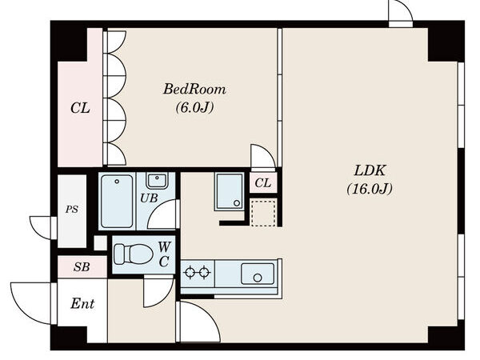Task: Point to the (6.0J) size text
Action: (194, 106)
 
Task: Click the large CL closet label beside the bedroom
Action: (79, 107)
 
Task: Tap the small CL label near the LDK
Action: (262, 184)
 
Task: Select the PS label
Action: (71, 210)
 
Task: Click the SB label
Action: (81, 266)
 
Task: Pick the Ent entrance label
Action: (83, 304)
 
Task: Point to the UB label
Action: (149, 198)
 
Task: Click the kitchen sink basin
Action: (257, 274)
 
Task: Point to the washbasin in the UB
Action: (157, 180)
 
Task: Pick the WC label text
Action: (163, 253)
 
